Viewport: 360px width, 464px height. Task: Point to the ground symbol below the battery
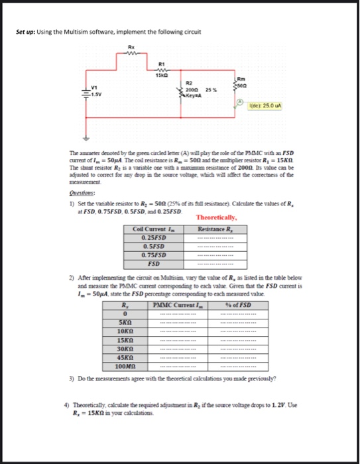[84, 139]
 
